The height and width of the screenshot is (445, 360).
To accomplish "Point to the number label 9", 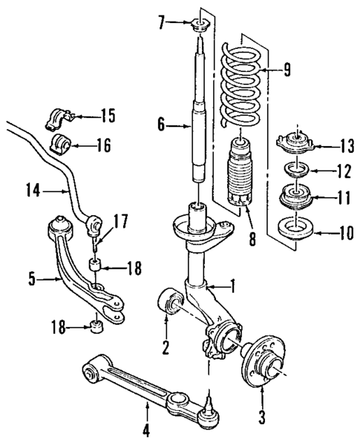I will [287, 70].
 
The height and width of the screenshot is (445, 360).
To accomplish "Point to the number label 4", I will [145, 430].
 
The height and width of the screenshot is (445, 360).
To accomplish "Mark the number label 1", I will [235, 285].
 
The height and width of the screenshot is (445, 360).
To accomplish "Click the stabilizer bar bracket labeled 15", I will [62, 116].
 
